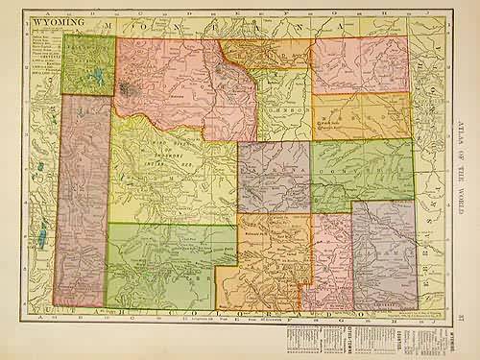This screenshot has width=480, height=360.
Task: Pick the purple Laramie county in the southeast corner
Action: tap(384, 254)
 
